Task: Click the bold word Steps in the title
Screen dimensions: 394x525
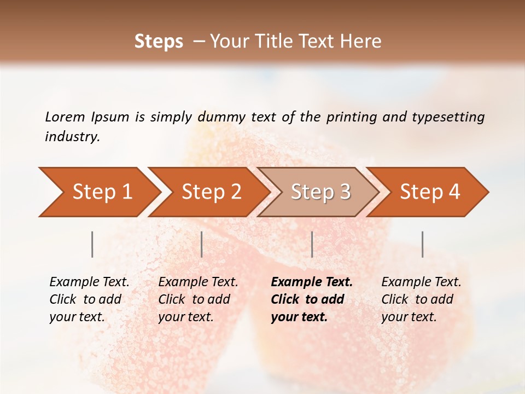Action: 159,42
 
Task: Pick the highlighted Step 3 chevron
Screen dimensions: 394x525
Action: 320,192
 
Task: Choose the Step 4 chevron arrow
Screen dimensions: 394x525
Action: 430,192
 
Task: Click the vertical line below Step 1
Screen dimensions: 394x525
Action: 92,244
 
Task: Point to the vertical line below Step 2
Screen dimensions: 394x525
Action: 202,244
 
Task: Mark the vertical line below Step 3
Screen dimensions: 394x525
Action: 312,244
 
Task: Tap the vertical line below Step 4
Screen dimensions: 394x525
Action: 422,244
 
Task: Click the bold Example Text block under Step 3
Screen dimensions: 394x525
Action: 312,299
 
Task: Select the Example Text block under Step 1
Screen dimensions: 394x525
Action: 89,299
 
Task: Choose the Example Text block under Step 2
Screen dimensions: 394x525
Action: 198,299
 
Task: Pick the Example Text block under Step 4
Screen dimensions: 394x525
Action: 421,299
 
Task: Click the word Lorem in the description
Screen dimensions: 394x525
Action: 65,117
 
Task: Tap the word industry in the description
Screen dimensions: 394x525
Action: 72,137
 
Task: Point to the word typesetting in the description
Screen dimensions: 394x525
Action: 448,117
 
